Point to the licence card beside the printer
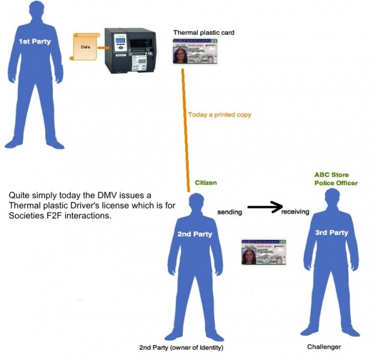tap(204, 52)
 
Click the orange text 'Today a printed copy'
tap(220, 114)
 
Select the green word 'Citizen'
tap(206, 182)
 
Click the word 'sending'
tap(230, 212)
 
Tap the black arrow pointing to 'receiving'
tap(265, 208)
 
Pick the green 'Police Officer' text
tap(335, 183)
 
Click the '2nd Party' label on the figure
tap(194, 234)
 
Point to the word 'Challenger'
tap(324, 347)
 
